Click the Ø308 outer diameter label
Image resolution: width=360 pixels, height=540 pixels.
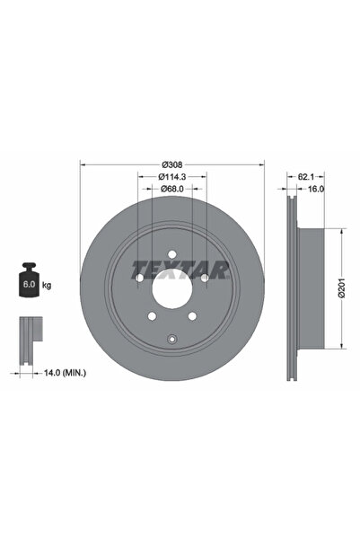(x=172, y=164)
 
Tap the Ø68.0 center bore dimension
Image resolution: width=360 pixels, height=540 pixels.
(x=172, y=190)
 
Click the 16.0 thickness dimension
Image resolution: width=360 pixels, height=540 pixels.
(x=315, y=190)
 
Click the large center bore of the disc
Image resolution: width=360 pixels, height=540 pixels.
(x=171, y=288)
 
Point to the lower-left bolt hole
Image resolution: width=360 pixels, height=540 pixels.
(x=152, y=315)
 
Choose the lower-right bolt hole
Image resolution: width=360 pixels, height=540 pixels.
(x=191, y=315)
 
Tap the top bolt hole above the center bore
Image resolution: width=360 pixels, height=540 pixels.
(x=171, y=255)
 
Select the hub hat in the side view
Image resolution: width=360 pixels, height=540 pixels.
(x=306, y=288)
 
